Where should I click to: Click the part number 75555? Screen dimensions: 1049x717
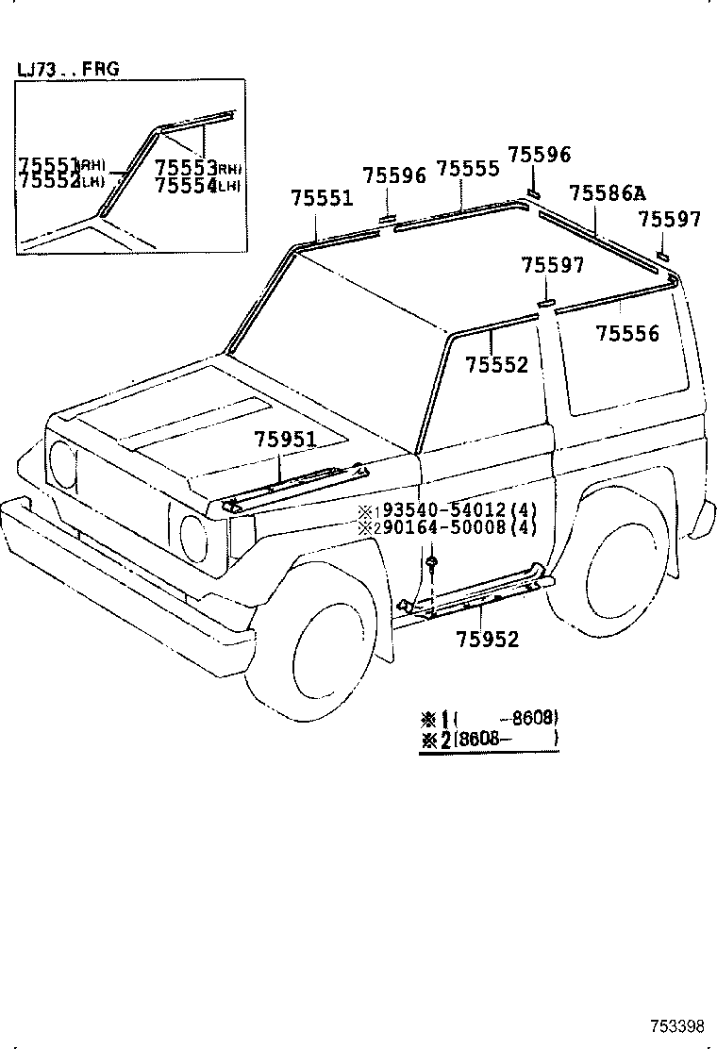click(468, 169)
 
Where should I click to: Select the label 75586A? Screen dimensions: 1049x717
click(607, 194)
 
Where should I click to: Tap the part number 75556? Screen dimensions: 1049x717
click(627, 334)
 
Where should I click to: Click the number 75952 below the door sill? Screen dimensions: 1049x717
click(488, 640)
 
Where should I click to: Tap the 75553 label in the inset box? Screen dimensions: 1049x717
click(187, 167)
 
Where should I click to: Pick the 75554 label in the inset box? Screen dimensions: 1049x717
click(187, 185)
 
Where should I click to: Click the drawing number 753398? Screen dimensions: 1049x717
click(676, 1026)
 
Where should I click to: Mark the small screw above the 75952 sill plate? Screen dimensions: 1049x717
click(432, 563)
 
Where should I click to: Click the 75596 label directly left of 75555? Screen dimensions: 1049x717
click(394, 175)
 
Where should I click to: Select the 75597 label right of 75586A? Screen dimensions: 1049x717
click(669, 220)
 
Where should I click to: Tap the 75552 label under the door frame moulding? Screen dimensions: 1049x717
click(497, 365)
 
